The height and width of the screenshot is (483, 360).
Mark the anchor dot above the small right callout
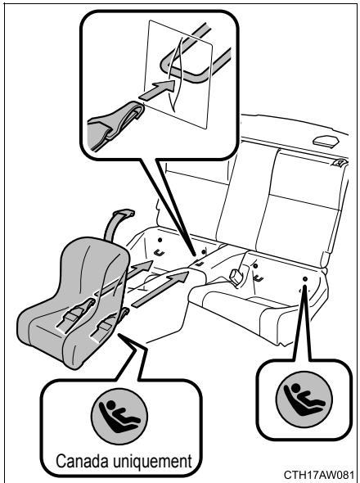304,280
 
